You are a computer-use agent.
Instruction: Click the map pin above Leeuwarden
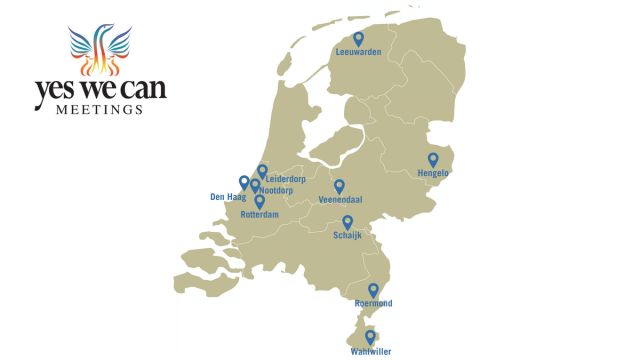tap(359, 38)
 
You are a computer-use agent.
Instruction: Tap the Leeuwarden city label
tap(359, 52)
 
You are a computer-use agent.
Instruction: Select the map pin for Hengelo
tap(434, 159)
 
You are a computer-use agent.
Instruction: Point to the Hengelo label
tap(434, 173)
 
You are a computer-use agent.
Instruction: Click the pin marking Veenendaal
tap(339, 186)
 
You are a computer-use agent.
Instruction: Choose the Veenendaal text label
tap(339, 200)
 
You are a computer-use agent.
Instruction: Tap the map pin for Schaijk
tap(348, 222)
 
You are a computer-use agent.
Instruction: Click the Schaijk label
tap(348, 236)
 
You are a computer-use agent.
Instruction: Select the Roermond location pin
tap(374, 290)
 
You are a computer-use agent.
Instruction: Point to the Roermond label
tap(374, 303)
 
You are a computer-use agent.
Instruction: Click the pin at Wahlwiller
tap(370, 337)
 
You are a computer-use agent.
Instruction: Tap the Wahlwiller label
tap(370, 351)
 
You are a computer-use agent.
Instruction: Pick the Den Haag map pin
tap(244, 182)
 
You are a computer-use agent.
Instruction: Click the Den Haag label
tap(227, 197)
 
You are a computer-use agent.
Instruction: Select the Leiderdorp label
tap(285, 179)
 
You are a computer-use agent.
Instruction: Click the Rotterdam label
tap(259, 215)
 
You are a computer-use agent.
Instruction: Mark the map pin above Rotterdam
tap(259, 201)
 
